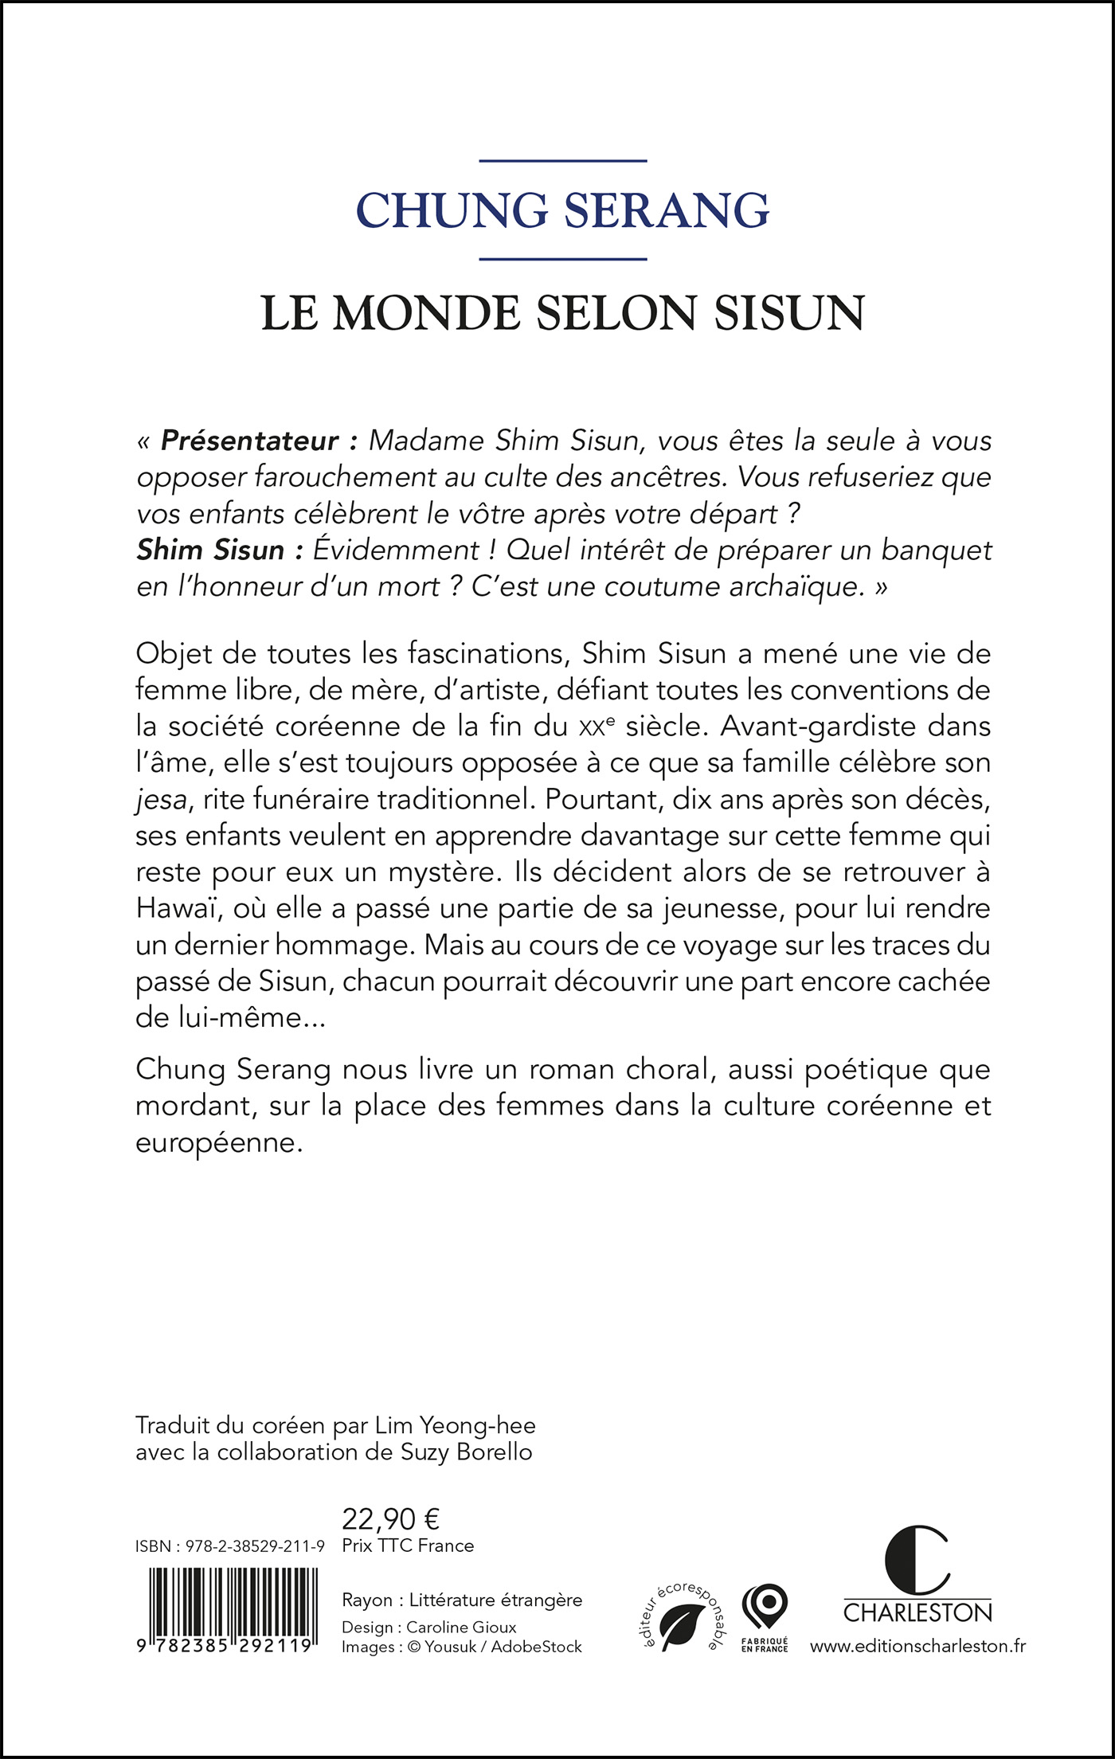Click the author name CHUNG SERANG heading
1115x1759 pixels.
(562, 210)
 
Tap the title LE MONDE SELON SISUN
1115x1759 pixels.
(562, 312)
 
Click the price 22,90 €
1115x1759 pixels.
(390, 1519)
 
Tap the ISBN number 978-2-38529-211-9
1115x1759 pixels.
(255, 1546)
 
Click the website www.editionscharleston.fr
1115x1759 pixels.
(917, 1646)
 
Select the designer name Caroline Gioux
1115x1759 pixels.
(461, 1627)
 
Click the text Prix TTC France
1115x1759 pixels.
(408, 1545)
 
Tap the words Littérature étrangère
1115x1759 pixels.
(496, 1600)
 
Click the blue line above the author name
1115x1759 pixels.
(562, 161)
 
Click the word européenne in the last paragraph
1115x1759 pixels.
(219, 1142)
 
